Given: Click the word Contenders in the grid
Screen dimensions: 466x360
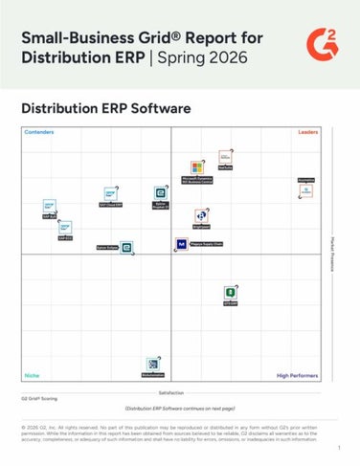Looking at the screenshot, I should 39,132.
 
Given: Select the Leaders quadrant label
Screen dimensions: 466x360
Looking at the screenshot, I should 308,132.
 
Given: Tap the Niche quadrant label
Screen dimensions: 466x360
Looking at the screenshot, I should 32,376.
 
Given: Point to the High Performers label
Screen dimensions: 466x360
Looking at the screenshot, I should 296,376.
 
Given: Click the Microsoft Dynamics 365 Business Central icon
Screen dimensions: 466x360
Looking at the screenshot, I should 197,168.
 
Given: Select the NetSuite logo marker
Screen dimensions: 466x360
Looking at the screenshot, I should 225,157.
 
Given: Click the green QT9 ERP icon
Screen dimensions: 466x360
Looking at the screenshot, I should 231,293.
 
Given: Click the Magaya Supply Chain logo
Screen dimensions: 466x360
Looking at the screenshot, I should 181,244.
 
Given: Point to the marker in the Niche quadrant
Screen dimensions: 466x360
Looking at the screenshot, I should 152,365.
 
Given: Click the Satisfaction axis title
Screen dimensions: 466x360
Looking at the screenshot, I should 171,392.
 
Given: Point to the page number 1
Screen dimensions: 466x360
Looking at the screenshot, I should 339,447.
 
